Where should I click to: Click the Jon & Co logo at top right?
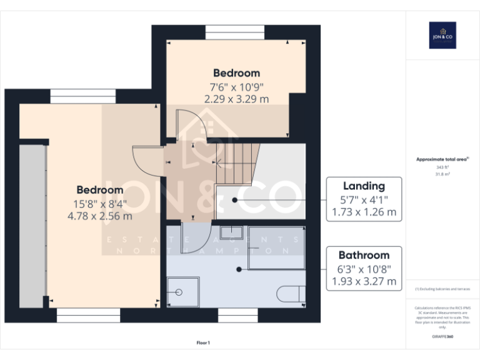[x=442, y=35]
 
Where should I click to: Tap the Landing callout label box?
[x=364, y=199]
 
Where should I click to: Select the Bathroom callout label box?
[x=364, y=268]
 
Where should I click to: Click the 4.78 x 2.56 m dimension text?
[x=100, y=216]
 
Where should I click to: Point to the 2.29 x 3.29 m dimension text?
[x=236, y=99]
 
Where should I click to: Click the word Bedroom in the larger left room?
[x=100, y=189]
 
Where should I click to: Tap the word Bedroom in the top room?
[x=236, y=73]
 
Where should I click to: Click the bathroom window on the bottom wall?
[x=238, y=317]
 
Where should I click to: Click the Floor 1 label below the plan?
[x=203, y=342]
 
